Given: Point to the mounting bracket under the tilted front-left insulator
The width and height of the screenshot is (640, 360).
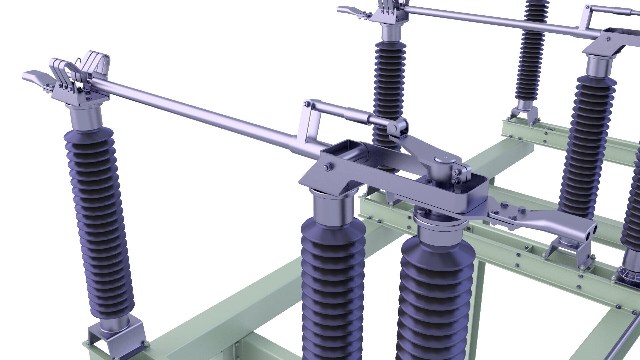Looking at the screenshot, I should (x=117, y=337).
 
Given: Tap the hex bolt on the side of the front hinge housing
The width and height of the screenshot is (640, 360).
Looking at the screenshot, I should (x=327, y=166).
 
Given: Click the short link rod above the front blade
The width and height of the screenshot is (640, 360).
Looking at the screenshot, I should (x=343, y=112).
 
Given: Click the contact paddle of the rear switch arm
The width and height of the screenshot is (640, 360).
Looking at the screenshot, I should (x=348, y=10).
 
